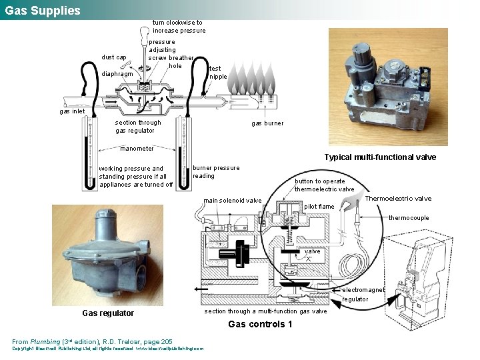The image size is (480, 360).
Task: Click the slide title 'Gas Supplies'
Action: tap(43, 11)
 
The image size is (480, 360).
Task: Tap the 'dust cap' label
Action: tap(113, 57)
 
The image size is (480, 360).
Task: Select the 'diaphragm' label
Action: tap(117, 74)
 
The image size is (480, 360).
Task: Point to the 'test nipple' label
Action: tap(218, 72)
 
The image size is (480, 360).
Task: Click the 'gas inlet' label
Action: tap(73, 111)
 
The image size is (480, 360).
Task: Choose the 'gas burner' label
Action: tap(267, 123)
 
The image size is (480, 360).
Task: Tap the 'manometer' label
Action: tap(137, 149)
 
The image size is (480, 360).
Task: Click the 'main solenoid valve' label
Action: tap(233, 201)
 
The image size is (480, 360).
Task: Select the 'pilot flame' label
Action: tap(319, 207)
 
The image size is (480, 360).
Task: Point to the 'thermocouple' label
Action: tap(409, 218)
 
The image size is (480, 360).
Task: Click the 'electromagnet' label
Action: tap(363, 290)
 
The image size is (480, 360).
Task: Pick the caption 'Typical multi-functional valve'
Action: tap(380, 157)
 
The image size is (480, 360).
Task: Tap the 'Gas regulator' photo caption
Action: tap(107, 313)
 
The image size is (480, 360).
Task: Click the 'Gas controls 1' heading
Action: tap(260, 325)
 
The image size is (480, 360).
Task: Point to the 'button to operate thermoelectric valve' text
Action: tap(325, 185)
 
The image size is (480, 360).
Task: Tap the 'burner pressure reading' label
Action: tap(215, 172)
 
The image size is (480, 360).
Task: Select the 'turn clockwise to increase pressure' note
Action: tap(179, 26)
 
